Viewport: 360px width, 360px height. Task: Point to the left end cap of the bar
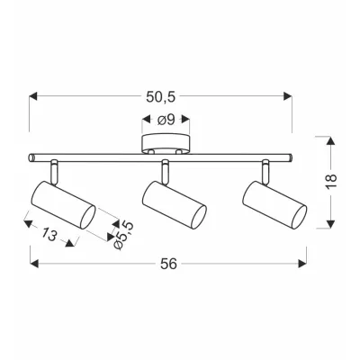click(x=33, y=157)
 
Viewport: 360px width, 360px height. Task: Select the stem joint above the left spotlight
click(x=55, y=168)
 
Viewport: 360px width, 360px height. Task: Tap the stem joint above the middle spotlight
click(x=166, y=168)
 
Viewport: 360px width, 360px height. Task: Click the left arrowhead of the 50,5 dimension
click(x=33, y=93)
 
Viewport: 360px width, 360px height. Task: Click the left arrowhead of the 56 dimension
click(x=33, y=264)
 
